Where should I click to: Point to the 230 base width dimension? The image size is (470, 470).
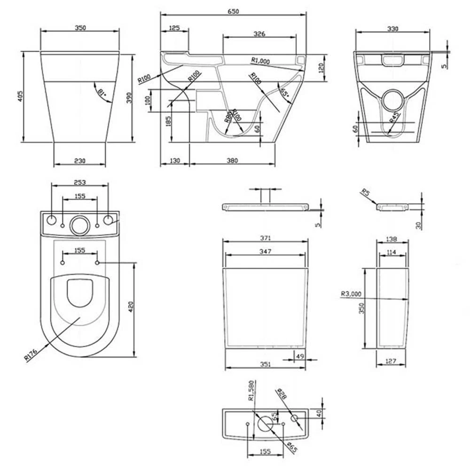[80, 161]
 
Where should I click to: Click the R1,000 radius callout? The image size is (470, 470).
[260, 60]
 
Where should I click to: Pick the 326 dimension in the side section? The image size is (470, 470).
[259, 34]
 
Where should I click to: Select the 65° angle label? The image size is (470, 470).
[284, 92]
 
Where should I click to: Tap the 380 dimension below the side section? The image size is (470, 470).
[232, 161]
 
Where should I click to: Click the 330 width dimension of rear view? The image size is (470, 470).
[392, 29]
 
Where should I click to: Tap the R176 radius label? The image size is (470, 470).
[31, 353]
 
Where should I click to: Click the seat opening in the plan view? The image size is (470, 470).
[79, 293]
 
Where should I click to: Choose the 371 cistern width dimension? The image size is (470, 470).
[266, 238]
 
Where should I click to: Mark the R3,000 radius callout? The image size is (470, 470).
[351, 295]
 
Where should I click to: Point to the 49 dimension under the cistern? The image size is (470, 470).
[299, 356]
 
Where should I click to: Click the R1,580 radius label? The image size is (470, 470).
[251, 390]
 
